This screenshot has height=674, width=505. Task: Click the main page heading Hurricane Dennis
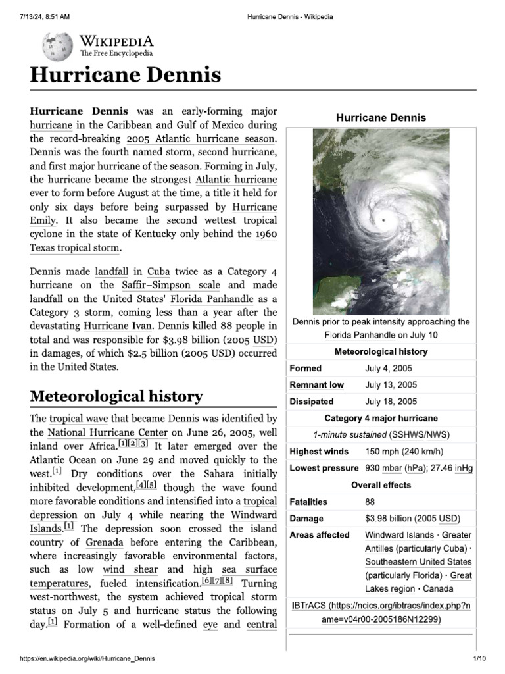pyautogui.click(x=125, y=75)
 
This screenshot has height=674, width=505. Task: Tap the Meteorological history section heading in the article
pyautogui.click(x=116, y=396)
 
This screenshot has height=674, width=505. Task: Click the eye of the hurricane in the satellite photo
pyautogui.click(x=383, y=220)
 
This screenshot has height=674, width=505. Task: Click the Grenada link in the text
pyautogui.click(x=105, y=543)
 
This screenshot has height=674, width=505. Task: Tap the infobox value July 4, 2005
pyautogui.click(x=390, y=369)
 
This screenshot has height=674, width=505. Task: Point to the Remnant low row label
pyautogui.click(x=316, y=385)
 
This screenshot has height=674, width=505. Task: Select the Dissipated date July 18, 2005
pyautogui.click(x=391, y=402)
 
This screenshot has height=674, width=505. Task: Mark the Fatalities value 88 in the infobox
pyautogui.click(x=370, y=502)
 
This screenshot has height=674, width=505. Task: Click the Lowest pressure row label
pyautogui.click(x=324, y=468)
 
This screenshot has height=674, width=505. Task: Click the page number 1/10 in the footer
pyautogui.click(x=478, y=659)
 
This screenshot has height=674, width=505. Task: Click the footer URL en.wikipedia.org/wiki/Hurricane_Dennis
pyautogui.click(x=88, y=659)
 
